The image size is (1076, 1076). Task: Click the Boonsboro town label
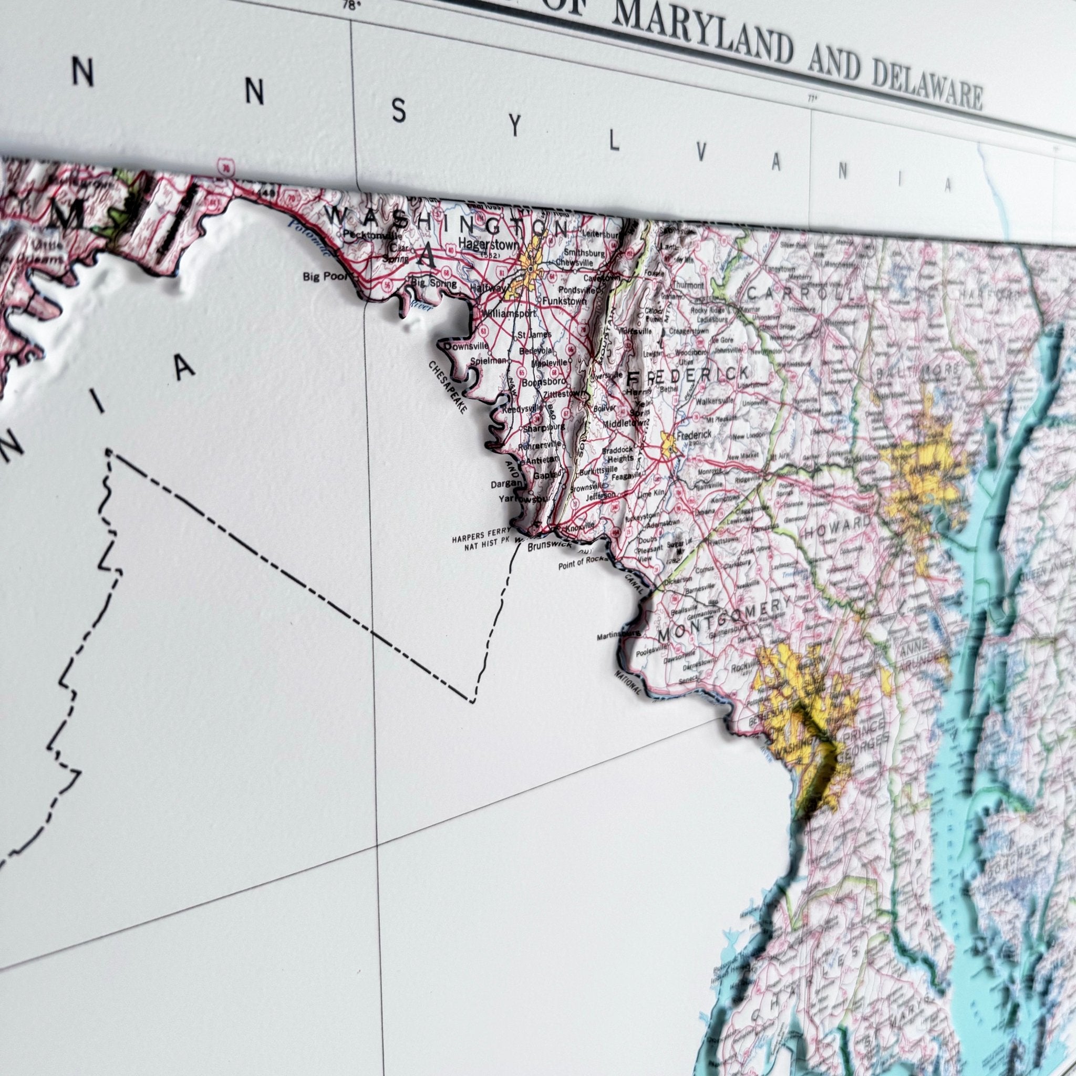[544, 382]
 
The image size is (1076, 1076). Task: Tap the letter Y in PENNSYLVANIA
[516, 127]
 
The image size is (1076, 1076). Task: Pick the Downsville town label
[466, 346]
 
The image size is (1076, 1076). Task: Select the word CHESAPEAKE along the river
[448, 387]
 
